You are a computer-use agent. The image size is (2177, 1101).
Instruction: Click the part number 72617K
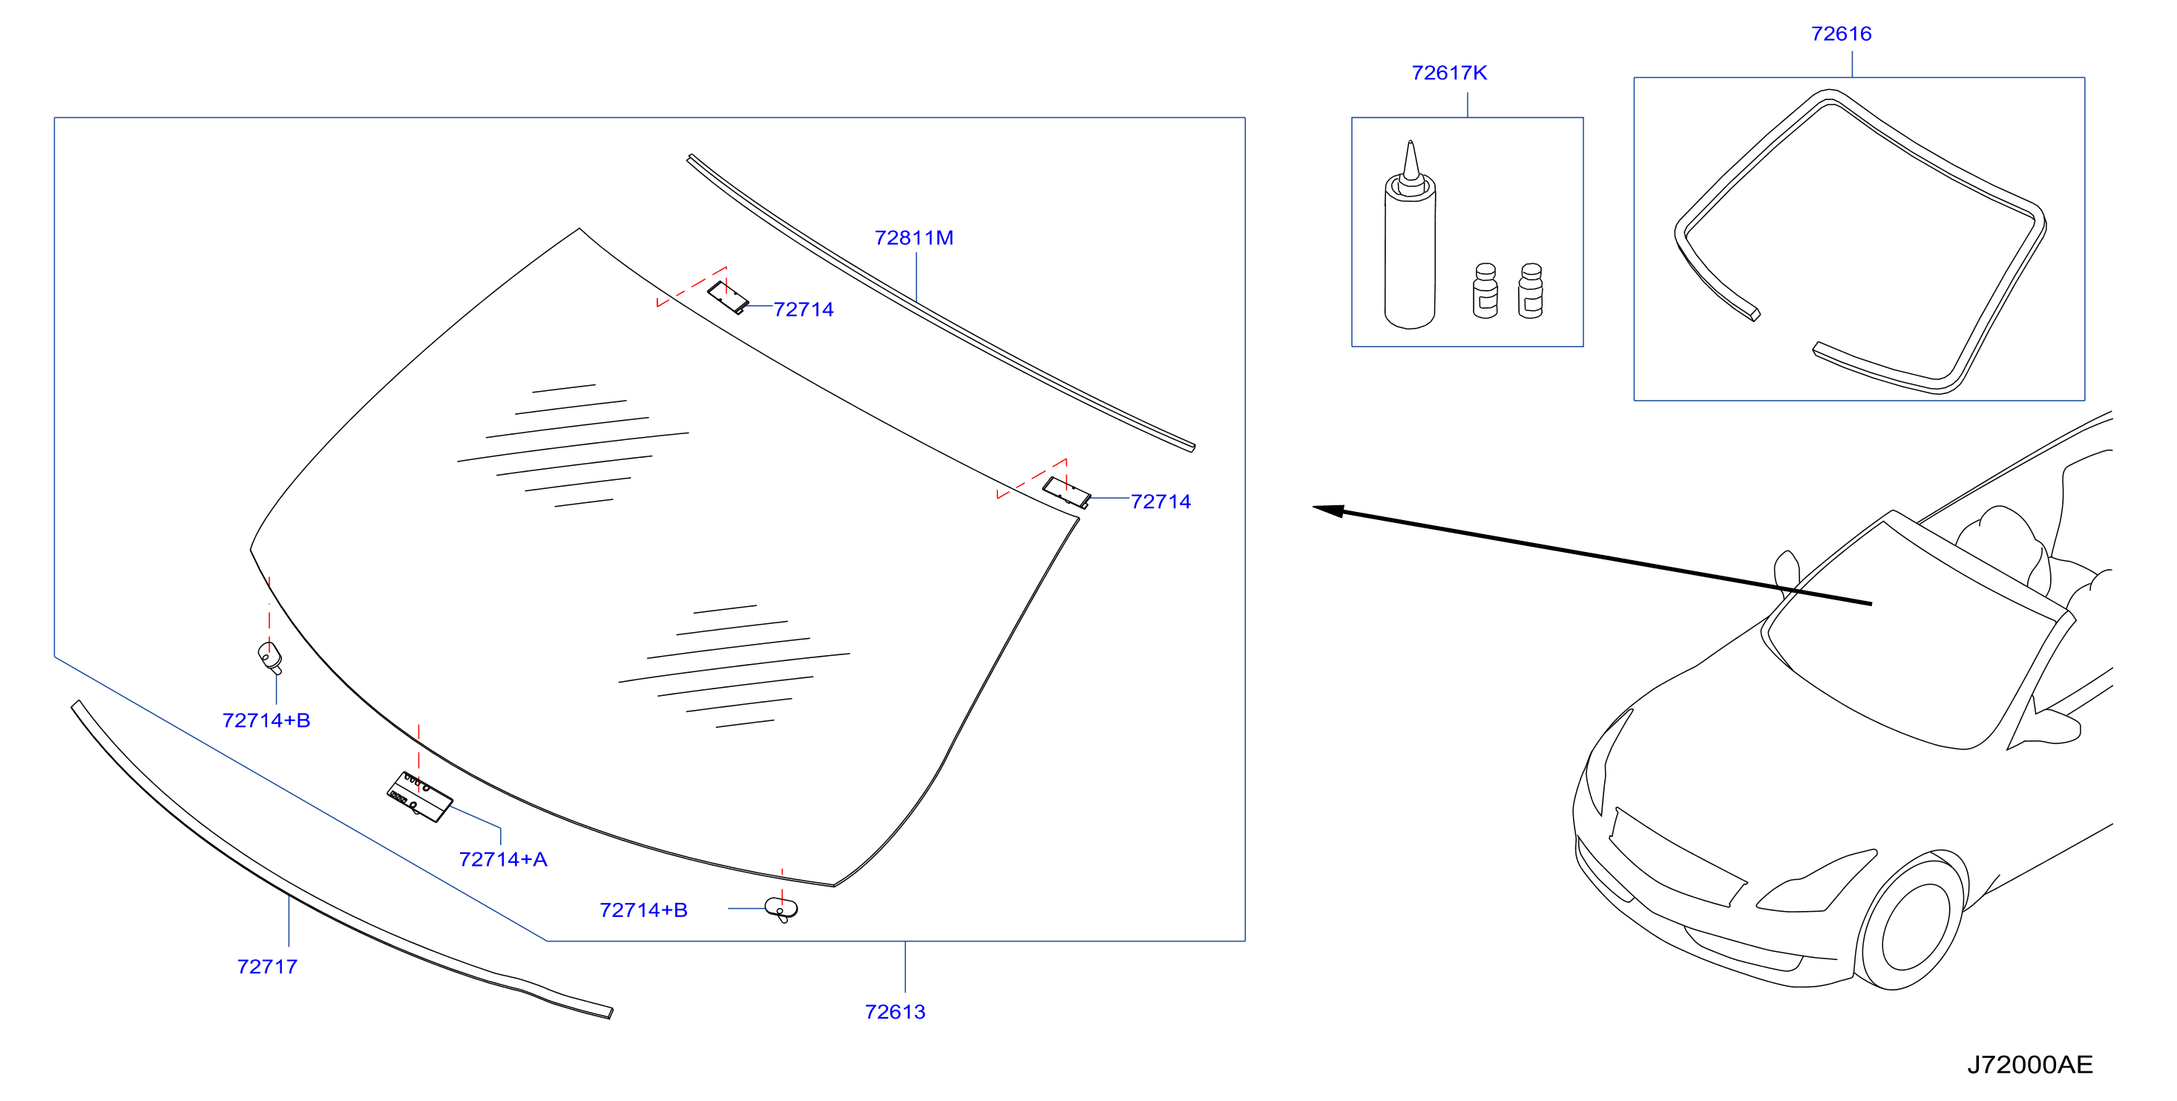1448,73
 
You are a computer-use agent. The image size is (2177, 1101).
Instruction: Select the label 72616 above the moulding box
1841,34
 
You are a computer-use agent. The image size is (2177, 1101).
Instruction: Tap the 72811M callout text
913,237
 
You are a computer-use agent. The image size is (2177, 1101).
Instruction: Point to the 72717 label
267,966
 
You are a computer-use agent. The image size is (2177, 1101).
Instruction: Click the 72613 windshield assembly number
895,1011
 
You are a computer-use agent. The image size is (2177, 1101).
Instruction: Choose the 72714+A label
503,859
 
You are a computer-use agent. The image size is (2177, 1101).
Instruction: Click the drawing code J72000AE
2030,1064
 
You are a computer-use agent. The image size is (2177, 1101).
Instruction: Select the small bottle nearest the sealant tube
1485,291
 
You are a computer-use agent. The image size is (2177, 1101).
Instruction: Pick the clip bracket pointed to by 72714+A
419,797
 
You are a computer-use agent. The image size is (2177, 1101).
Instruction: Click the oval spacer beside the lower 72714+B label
781,909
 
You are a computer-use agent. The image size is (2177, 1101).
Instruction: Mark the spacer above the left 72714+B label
269,657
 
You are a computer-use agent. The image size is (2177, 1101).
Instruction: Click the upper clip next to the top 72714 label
728,298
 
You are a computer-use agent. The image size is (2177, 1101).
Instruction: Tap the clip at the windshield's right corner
1065,492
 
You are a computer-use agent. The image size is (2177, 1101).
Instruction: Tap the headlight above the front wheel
1817,884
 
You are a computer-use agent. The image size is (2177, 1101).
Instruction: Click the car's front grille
1677,857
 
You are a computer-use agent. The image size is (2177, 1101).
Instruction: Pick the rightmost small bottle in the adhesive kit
1531,291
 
